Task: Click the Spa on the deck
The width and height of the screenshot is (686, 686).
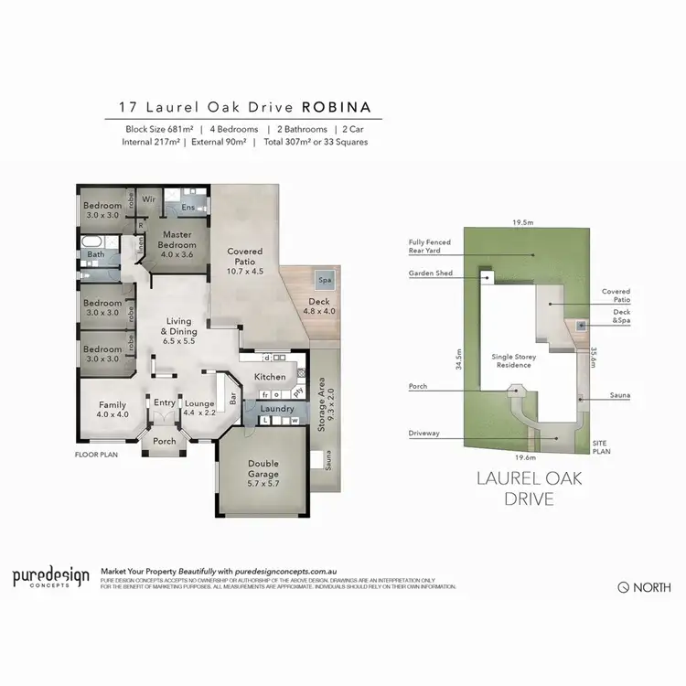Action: (325, 280)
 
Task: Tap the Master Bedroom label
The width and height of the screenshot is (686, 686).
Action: (177, 239)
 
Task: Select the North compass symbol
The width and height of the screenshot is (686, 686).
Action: (623, 587)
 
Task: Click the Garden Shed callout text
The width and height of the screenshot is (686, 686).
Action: (430, 273)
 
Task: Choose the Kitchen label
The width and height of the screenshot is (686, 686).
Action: (270, 377)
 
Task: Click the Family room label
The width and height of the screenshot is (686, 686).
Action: (113, 410)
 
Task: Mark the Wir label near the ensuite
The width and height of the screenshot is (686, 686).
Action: (148, 198)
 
